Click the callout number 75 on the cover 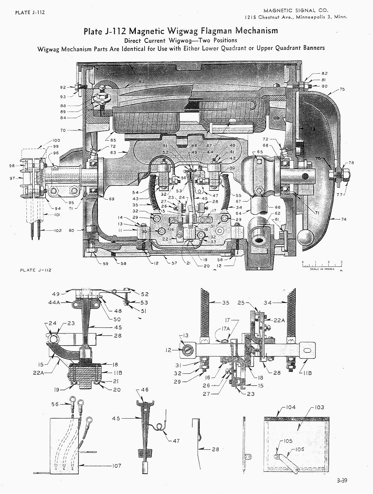(342, 89)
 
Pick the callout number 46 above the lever (145, 390)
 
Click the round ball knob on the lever (305, 237)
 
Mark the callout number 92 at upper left (63, 88)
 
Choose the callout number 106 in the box (299, 449)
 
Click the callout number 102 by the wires (58, 231)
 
